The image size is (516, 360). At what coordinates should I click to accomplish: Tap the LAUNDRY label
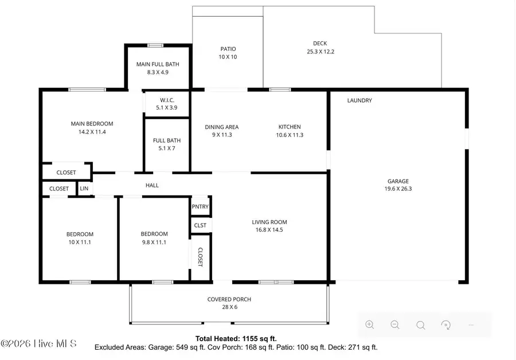359,100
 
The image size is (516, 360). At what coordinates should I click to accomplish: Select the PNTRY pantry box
201,207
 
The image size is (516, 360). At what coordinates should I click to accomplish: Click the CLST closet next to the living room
200,225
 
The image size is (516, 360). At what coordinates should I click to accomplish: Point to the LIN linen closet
84,189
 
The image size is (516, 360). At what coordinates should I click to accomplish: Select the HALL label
152,185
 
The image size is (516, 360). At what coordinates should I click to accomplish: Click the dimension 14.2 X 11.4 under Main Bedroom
92,132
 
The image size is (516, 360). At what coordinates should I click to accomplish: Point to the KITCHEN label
290,127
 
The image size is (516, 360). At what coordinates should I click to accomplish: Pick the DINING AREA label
221,127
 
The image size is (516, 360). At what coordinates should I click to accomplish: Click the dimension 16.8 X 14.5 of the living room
269,230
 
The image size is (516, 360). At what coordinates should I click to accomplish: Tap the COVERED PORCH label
229,299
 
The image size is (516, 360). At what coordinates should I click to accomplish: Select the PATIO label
228,49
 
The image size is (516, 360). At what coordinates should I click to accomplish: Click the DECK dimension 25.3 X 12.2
320,52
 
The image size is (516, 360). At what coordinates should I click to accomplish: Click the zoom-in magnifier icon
370,325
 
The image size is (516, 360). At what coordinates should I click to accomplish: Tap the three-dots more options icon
471,325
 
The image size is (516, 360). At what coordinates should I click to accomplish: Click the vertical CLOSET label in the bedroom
200,257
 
